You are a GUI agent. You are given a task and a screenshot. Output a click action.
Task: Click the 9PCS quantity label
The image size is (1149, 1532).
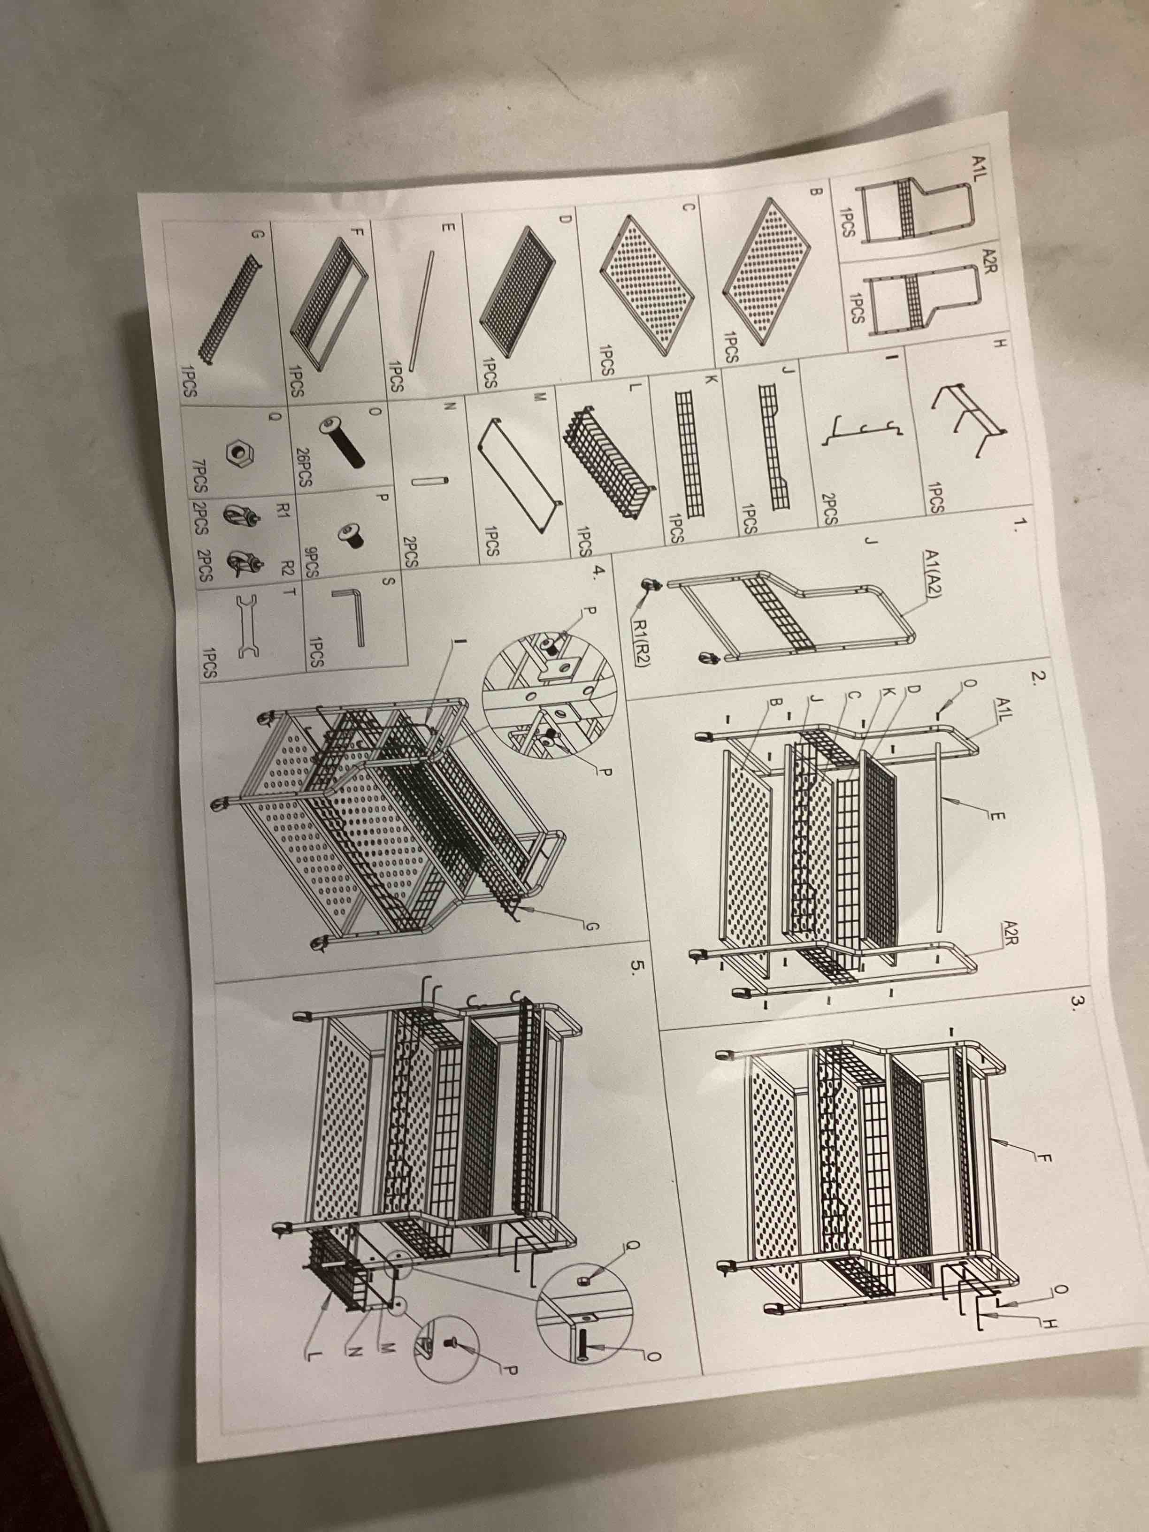coord(312,559)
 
